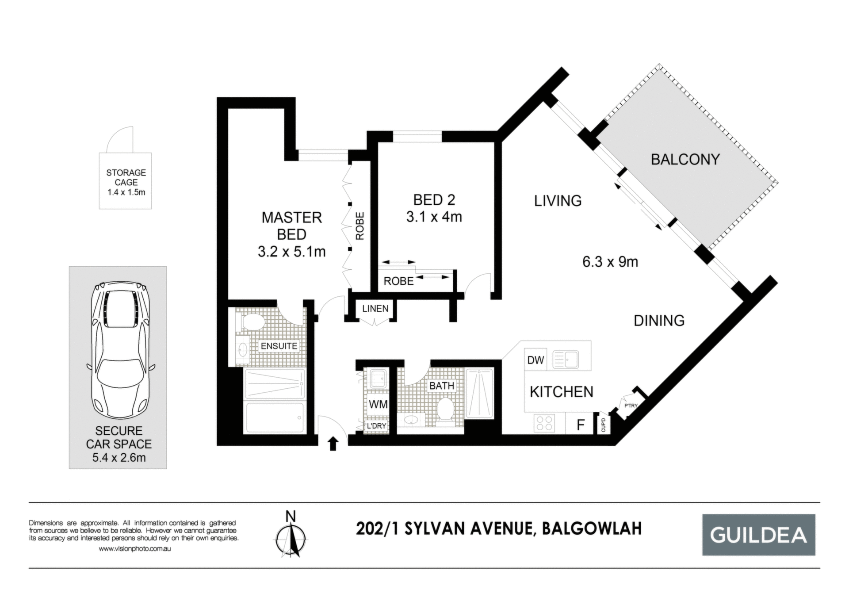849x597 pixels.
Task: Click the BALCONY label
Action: click(685, 159)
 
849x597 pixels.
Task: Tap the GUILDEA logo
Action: click(758, 535)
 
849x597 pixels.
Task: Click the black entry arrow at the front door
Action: click(333, 443)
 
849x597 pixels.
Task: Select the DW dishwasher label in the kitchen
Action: click(535, 360)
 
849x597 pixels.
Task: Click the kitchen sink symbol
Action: click(565, 359)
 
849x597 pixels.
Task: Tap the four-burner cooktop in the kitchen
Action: click(544, 422)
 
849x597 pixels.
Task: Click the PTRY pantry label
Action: click(631, 406)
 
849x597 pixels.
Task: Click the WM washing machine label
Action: click(378, 404)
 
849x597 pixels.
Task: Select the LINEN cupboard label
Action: click(375, 309)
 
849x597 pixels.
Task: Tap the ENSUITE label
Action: click(279, 346)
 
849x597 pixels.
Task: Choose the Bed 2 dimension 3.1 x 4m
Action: click(434, 217)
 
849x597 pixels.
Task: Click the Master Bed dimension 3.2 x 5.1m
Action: click(291, 252)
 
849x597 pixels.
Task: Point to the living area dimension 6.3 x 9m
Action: click(610, 262)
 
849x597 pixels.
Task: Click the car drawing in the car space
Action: click(120, 351)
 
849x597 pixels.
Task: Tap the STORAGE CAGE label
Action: click(126, 177)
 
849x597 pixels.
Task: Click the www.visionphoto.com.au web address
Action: click(134, 549)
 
